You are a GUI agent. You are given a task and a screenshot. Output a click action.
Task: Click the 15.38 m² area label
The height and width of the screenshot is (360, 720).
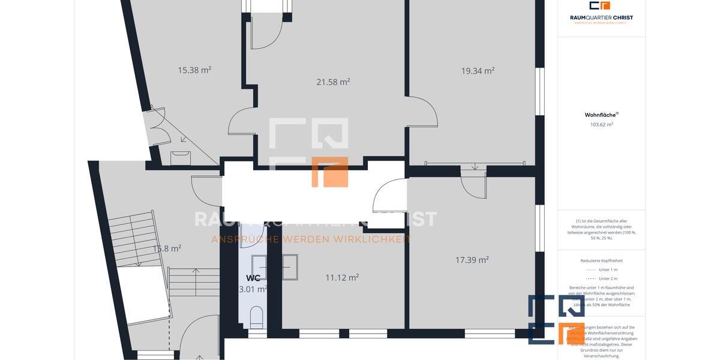pyautogui.click(x=194, y=70)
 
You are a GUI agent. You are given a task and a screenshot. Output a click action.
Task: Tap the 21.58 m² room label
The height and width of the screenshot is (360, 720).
pyautogui.click(x=333, y=82)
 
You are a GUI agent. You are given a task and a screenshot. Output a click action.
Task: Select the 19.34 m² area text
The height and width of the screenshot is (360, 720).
pyautogui.click(x=478, y=71)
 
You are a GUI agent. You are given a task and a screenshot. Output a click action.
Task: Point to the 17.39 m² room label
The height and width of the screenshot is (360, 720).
pyautogui.click(x=472, y=260)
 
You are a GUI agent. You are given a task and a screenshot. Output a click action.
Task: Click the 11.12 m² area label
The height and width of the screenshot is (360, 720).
pyautogui.click(x=342, y=277)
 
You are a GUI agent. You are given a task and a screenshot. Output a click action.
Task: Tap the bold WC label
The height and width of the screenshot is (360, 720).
pyautogui.click(x=253, y=278)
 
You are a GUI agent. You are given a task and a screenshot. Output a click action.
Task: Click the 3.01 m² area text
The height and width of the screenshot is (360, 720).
pyautogui.click(x=253, y=289)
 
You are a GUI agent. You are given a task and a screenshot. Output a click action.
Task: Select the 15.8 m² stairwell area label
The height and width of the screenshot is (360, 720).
pyautogui.click(x=166, y=248)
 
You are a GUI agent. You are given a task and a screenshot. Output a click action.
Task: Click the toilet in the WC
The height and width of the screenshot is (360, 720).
pyautogui.click(x=256, y=316)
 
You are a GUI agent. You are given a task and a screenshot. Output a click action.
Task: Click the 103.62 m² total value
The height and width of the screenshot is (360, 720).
pyautogui.click(x=601, y=125)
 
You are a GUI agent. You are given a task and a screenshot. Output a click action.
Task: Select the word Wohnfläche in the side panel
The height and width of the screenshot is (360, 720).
pyautogui.click(x=599, y=115)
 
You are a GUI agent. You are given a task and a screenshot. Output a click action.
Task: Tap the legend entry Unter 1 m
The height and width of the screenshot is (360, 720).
pyautogui.click(x=601, y=269)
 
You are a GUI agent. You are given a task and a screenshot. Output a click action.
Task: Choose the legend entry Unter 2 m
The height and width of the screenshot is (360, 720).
pyautogui.click(x=601, y=278)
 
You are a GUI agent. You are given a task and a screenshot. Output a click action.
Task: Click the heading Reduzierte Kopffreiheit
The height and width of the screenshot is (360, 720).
pyautogui.click(x=601, y=260)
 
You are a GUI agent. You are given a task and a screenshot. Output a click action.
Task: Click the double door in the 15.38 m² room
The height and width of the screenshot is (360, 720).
pyautogui.click(x=157, y=126)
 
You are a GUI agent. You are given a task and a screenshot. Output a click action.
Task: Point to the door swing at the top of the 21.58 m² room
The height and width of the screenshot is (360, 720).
pyautogui.click(x=264, y=33)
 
